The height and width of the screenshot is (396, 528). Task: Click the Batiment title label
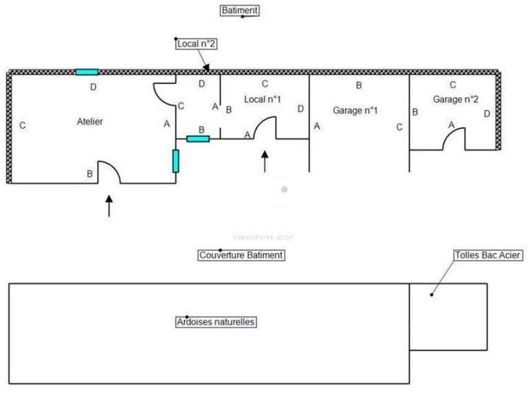(x=240, y=10)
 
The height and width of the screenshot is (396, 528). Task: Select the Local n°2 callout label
(x=197, y=43)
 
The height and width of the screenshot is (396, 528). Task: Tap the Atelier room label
(x=89, y=122)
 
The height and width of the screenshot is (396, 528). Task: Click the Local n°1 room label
(x=263, y=99)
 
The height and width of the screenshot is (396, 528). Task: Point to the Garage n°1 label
(x=355, y=110)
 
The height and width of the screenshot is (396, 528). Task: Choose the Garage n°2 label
(x=455, y=99)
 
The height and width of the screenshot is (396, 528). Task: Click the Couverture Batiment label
(x=241, y=255)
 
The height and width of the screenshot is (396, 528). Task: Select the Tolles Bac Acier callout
(x=487, y=255)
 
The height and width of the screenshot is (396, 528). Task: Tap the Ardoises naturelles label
(x=216, y=322)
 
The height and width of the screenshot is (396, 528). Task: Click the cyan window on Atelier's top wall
(x=87, y=71)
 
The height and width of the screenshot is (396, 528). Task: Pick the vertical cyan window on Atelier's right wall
(x=176, y=160)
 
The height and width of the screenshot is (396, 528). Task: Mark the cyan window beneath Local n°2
(x=198, y=139)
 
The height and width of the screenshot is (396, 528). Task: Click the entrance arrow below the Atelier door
(x=109, y=206)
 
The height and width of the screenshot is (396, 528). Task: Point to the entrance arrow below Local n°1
(x=265, y=162)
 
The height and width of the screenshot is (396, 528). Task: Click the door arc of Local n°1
(x=265, y=128)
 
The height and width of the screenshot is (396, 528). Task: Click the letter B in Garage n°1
(x=358, y=85)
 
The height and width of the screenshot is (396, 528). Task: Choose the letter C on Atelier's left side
(x=23, y=126)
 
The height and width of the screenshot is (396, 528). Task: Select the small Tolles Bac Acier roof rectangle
(x=448, y=316)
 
